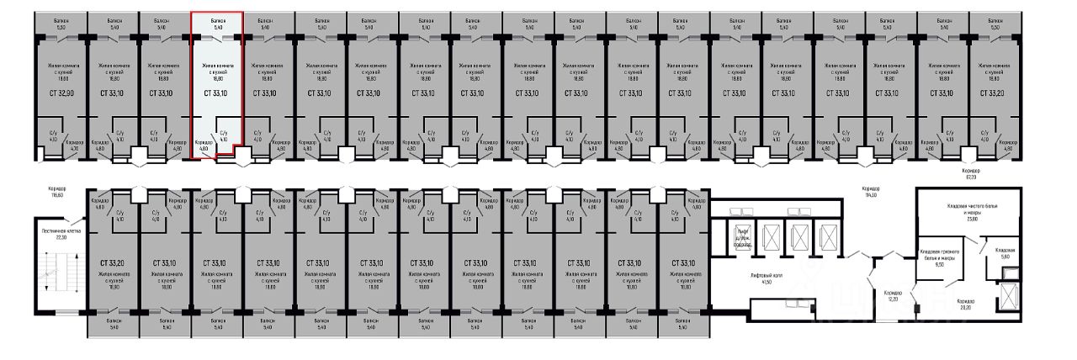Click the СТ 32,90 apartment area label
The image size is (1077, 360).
point(61,93)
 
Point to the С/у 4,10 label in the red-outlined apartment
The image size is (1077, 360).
point(223,135)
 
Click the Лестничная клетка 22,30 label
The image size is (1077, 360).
point(60,234)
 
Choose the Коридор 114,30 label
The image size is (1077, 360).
point(869,191)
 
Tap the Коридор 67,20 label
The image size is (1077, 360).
point(976,173)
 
